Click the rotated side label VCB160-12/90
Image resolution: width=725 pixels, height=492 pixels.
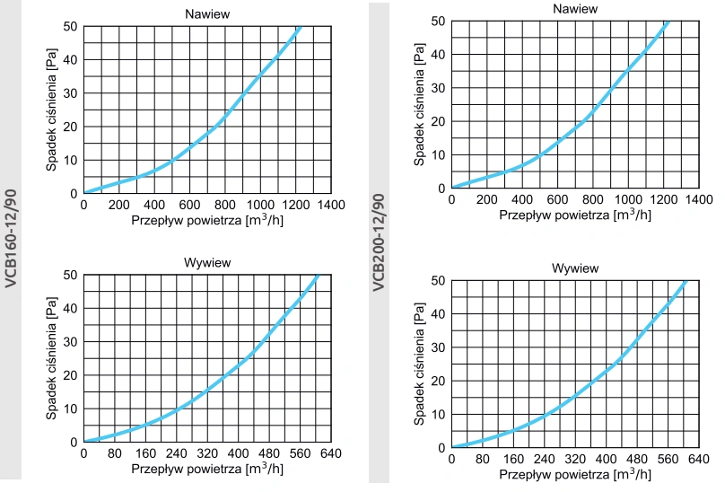[x=11, y=237]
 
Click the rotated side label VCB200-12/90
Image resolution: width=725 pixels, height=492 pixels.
[x=379, y=242]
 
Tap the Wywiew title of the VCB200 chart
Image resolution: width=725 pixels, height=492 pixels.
[x=574, y=268]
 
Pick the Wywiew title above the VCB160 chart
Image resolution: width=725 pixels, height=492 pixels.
[x=206, y=262]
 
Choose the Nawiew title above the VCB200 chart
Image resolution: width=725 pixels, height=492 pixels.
[x=574, y=8]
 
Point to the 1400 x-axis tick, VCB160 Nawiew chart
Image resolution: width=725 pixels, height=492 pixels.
[x=329, y=205]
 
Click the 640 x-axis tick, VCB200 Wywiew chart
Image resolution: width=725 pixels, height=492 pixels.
[x=696, y=459]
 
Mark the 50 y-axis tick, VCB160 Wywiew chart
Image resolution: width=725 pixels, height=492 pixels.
[x=70, y=275]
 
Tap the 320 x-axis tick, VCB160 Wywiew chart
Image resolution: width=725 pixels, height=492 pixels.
[x=206, y=453]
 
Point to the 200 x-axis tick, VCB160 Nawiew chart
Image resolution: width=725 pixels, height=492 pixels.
[x=118, y=205]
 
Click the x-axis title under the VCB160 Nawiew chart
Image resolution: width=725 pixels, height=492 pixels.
[x=207, y=220]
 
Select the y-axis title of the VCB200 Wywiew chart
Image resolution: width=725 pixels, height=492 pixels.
[x=419, y=364]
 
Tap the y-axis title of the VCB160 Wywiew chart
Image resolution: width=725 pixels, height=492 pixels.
[x=51, y=358]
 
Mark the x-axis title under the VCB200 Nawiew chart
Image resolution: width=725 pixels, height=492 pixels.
[x=575, y=215]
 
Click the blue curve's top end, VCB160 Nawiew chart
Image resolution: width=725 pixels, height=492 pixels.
[x=300, y=26]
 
